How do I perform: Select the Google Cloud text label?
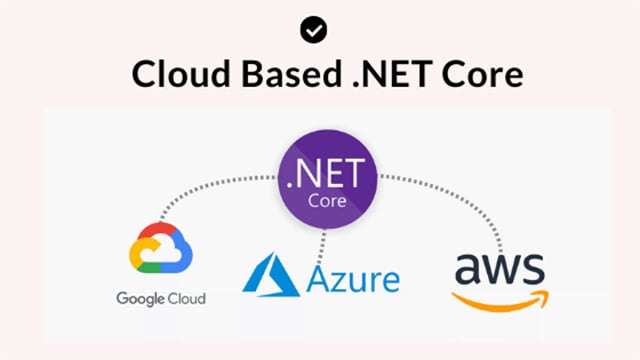click(161, 298)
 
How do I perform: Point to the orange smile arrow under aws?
click(500, 299)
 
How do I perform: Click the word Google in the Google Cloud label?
click(140, 298)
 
